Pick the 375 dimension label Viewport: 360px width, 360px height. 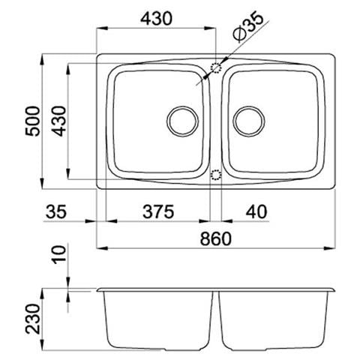coord(158,212)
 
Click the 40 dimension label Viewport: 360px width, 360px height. coord(256,212)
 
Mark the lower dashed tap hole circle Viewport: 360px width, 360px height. coord(216,175)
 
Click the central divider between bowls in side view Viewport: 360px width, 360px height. coord(216,319)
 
